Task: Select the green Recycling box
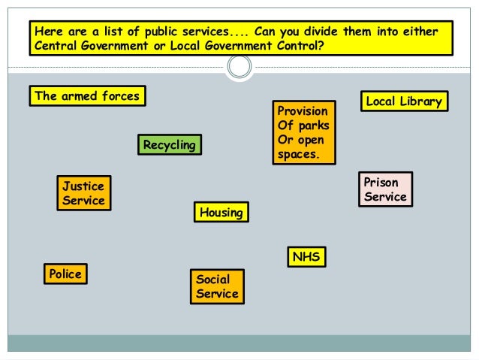coord(170,144)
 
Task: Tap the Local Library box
coord(404,101)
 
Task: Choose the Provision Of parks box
coord(303,132)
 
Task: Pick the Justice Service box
coord(83,193)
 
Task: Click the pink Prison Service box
coord(385,189)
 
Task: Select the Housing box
coord(221,213)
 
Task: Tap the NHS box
coord(306,256)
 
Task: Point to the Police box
coord(65,274)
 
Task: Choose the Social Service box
coord(217,286)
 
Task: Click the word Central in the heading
coord(56,46)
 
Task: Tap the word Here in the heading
coord(47,32)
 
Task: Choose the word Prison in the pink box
coord(381,183)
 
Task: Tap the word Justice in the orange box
coord(83,186)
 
